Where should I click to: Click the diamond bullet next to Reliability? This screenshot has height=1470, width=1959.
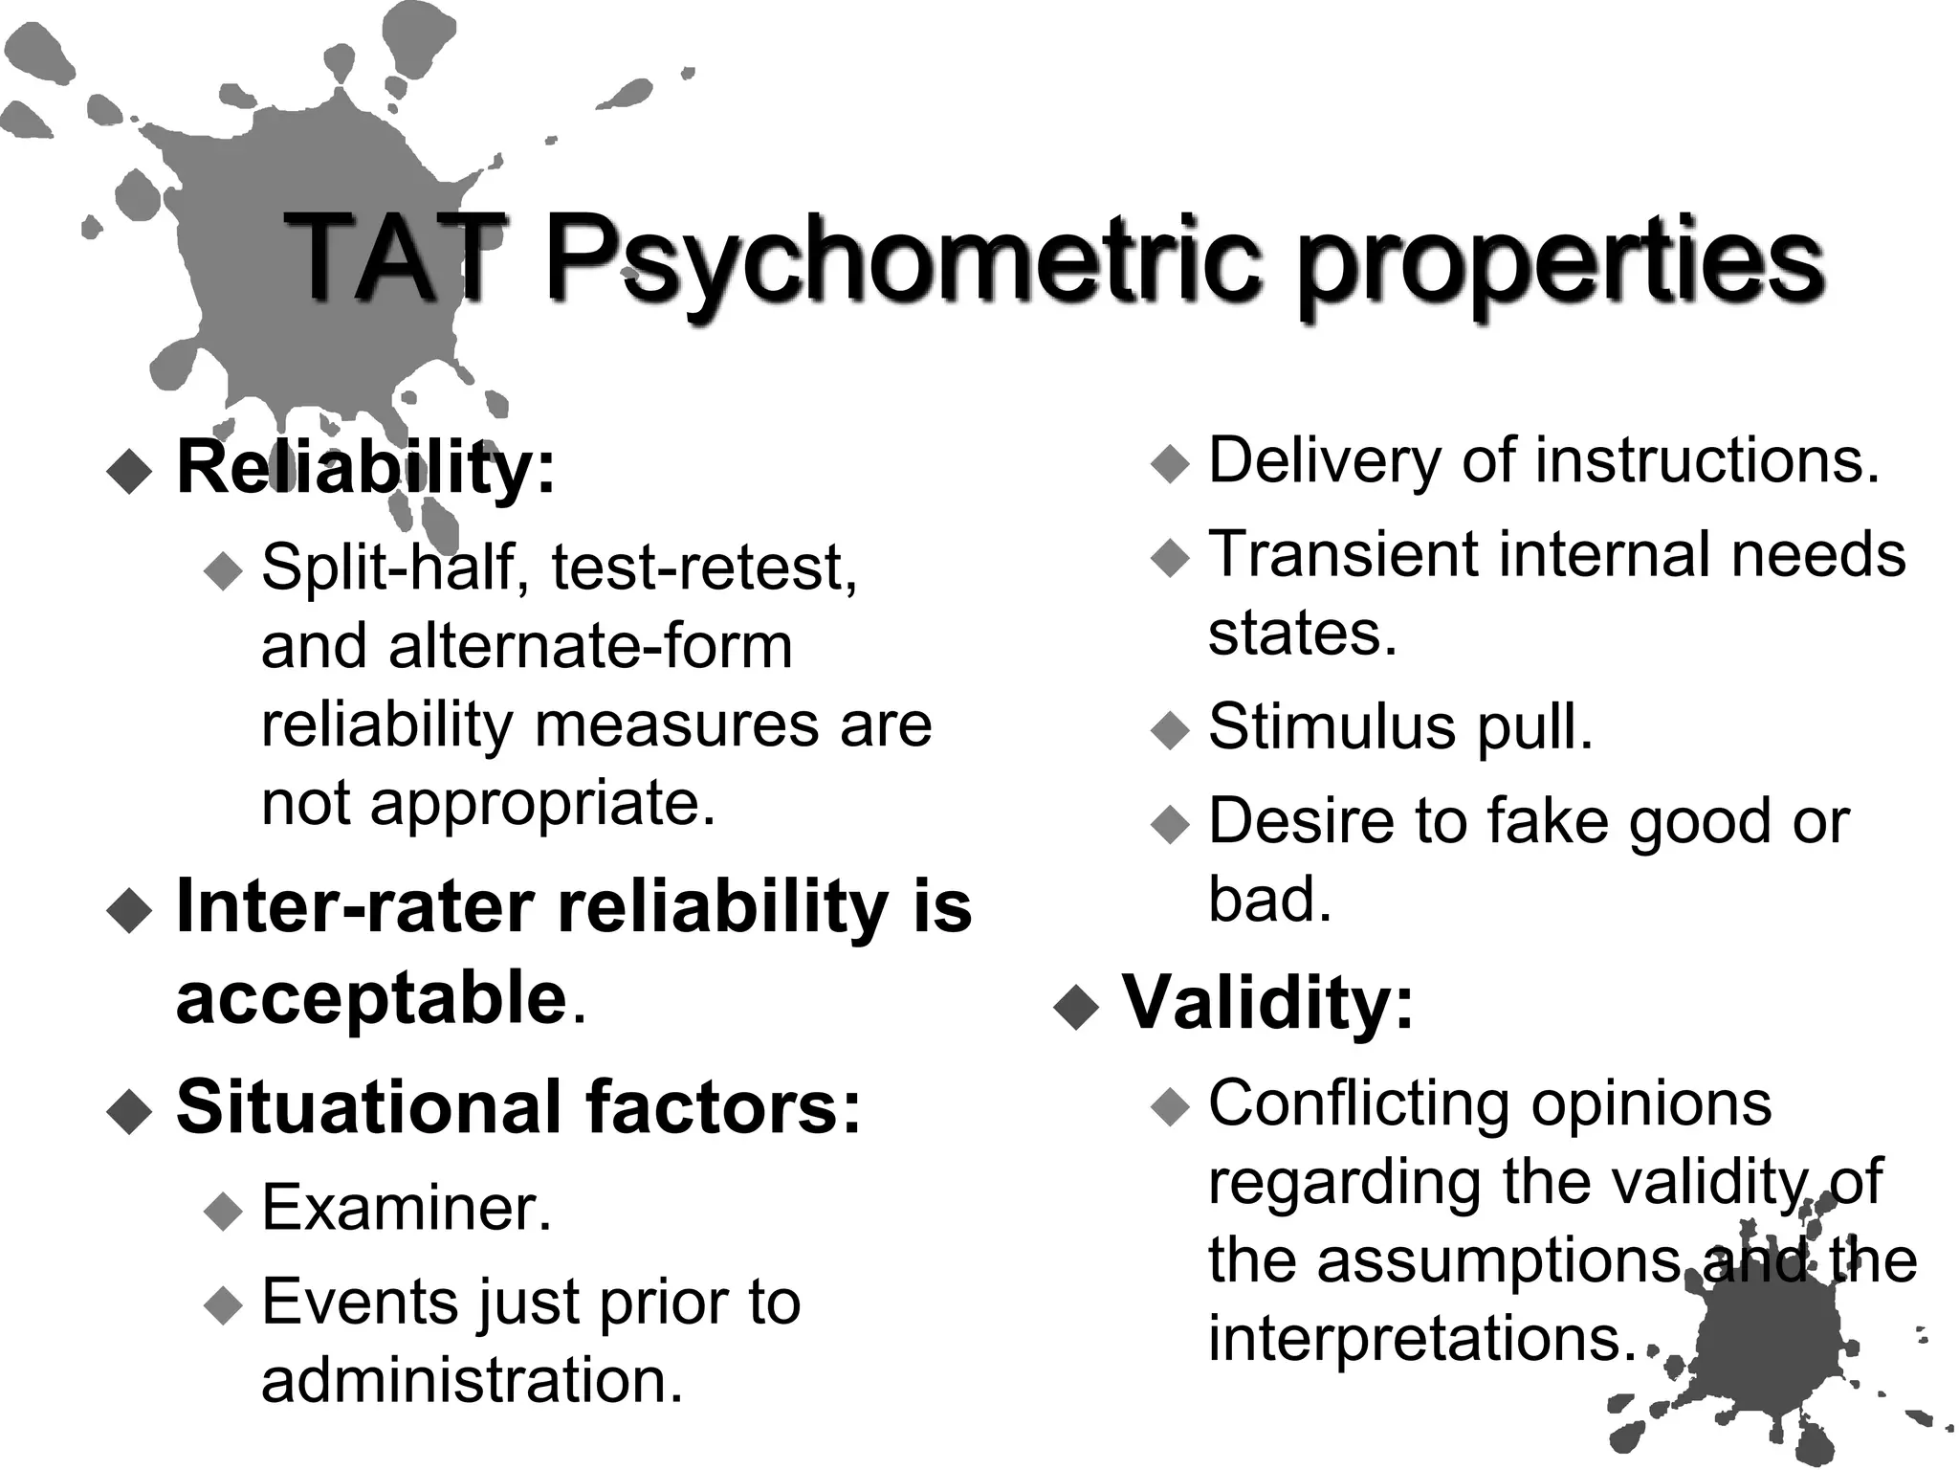(x=130, y=471)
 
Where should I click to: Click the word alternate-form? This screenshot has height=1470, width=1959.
(x=590, y=646)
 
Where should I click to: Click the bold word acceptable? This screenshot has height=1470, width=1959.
(x=372, y=998)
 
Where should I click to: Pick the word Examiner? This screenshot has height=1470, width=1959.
(x=407, y=1208)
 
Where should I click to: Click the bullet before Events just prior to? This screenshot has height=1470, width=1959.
(x=225, y=1304)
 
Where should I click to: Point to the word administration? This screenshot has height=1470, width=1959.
(x=473, y=1381)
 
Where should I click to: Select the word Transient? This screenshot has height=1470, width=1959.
(x=1334, y=555)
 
